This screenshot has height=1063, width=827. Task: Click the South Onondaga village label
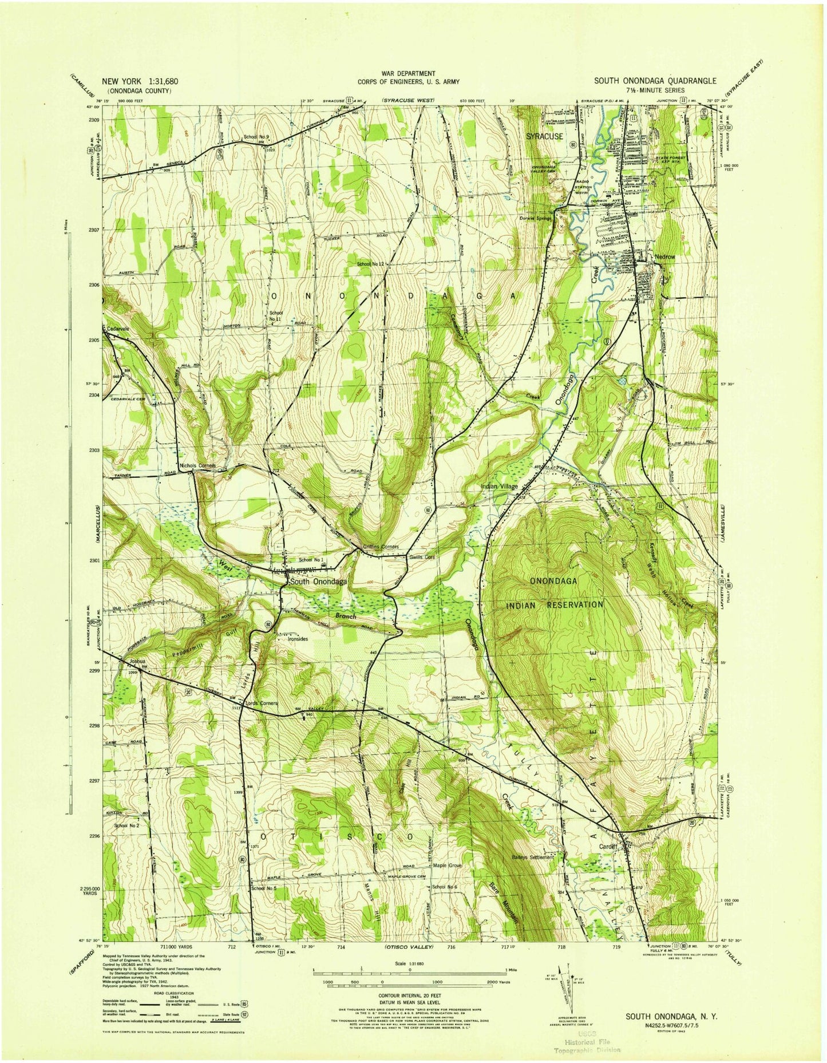[318, 581]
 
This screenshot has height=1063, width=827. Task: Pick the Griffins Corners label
[381, 547]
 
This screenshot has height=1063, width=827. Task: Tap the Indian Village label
[499, 486]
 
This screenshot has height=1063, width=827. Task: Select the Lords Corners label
[262, 703]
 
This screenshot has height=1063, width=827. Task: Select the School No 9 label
[256, 137]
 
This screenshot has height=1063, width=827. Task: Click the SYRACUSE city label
[544, 136]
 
